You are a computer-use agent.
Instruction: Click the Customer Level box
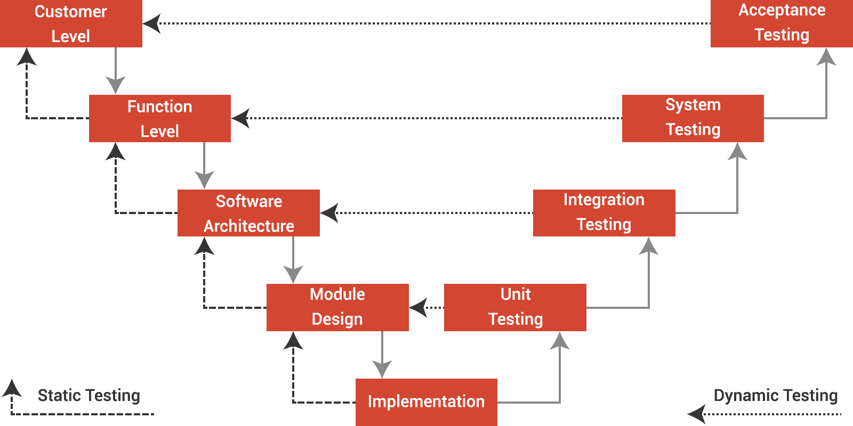[71, 23]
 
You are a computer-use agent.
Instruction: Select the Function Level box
[159, 118]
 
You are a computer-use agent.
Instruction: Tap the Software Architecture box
[248, 213]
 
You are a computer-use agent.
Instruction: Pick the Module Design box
[337, 307]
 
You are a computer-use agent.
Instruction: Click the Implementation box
[426, 402]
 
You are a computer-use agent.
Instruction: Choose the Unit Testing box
[515, 307]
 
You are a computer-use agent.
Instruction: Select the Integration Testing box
[604, 212]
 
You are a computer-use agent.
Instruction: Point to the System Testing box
[693, 118]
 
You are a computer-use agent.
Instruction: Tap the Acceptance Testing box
[782, 23]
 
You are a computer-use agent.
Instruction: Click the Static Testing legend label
[89, 396]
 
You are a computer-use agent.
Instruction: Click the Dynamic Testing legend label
[775, 396]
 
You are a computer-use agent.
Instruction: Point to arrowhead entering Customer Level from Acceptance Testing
[151, 23]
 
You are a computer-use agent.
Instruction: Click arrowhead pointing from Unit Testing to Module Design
[418, 307]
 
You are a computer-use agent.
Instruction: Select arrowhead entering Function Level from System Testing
[240, 118]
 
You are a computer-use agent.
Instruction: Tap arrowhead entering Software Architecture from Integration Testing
[329, 213]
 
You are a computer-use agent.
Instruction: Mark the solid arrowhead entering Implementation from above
[382, 369]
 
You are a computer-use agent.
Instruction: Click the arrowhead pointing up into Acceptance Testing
[826, 57]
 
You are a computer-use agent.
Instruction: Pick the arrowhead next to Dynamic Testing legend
[696, 414]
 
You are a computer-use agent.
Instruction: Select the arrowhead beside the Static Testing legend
[12, 388]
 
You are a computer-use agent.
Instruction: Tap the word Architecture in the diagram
[248, 226]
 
